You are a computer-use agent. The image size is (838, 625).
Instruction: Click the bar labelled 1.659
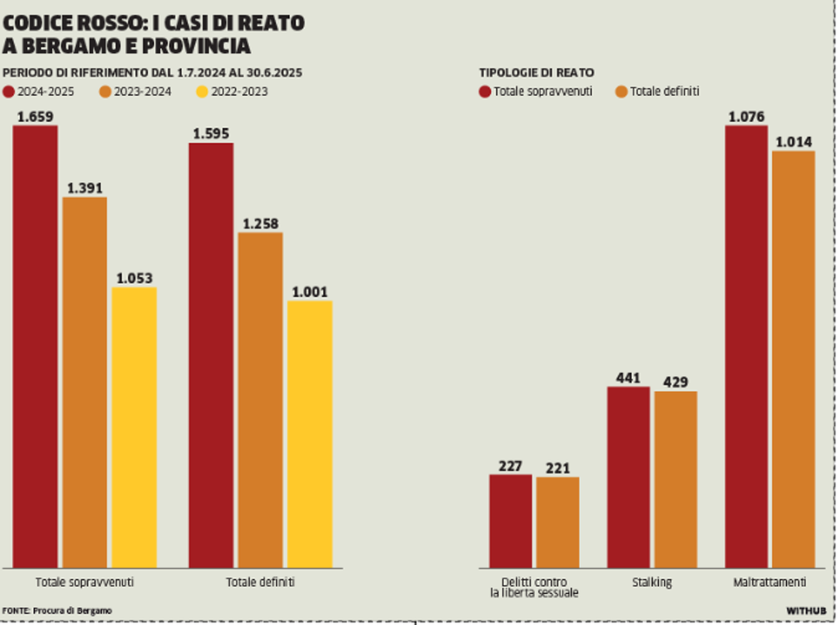point(35,346)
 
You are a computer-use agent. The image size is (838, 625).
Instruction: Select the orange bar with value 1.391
point(85,382)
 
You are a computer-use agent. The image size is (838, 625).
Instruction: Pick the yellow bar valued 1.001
point(310,434)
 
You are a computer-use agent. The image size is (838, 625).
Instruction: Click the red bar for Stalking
point(628,477)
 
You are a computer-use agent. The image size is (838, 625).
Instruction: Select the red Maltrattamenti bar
point(746,346)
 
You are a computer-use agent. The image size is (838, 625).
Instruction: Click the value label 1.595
point(211,133)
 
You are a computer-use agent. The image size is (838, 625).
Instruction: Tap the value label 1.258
point(261,223)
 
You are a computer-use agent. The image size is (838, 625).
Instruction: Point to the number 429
point(675,382)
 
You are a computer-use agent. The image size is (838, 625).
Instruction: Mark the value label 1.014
point(794,143)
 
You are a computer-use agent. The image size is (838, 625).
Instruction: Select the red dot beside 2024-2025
point(9,92)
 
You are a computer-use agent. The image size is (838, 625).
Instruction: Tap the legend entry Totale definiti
point(658,92)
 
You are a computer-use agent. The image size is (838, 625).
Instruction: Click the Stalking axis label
point(652,582)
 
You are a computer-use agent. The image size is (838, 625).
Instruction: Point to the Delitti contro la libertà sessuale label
point(534,587)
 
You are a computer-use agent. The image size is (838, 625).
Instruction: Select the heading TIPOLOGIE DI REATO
point(536,73)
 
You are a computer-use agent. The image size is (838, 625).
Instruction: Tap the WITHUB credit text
point(806,611)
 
